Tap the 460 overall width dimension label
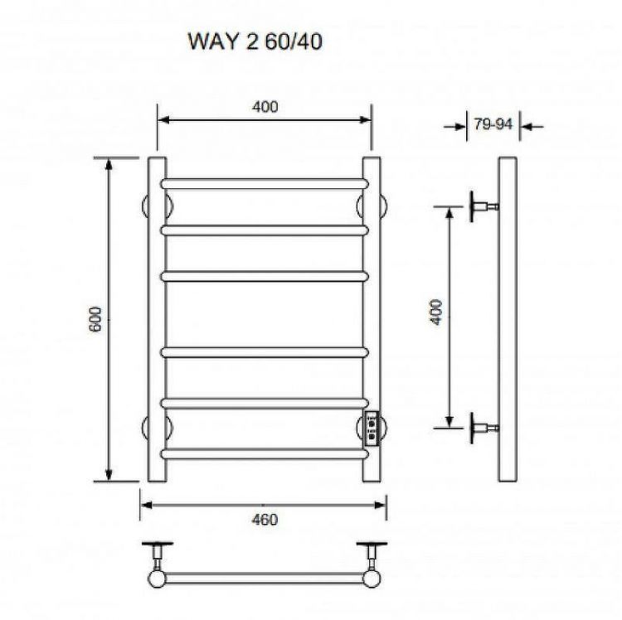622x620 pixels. tap(264, 520)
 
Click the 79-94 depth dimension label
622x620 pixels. tap(493, 125)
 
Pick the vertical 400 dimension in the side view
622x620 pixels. tap(437, 312)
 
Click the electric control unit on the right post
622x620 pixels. tap(372, 429)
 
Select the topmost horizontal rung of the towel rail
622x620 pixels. tap(264, 181)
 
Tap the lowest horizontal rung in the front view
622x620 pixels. tap(264, 453)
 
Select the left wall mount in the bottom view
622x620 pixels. tap(155, 555)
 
